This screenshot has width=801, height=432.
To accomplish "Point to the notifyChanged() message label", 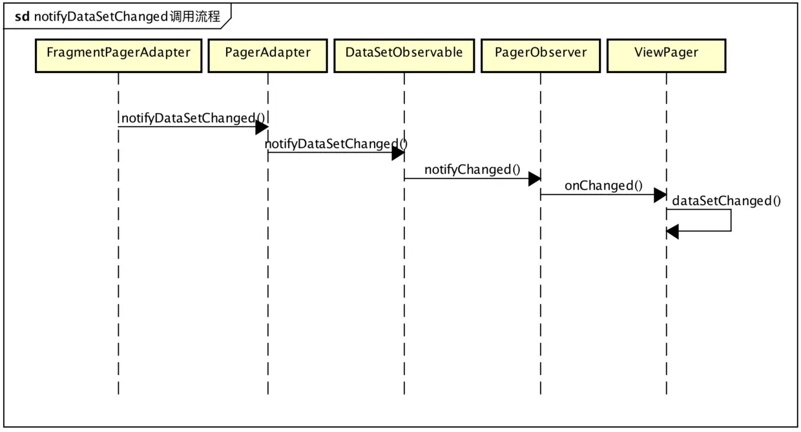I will tap(472, 170).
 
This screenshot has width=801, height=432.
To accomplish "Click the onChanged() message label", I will tap(603, 186).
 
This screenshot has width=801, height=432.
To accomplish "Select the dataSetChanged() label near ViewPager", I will tap(726, 201).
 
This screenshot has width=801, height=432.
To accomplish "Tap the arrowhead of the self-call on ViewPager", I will tap(672, 231).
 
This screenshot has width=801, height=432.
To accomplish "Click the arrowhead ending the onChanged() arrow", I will tap(660, 195).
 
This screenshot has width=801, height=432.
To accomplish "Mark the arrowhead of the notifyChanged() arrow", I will tap(534, 179).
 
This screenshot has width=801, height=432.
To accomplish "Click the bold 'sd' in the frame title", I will tap(21, 17).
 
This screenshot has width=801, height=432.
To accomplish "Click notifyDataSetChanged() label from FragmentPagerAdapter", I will tap(193, 118).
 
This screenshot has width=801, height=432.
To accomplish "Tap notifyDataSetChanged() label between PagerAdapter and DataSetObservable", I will tap(336, 144).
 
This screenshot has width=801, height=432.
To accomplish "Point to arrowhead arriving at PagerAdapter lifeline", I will tap(262, 127).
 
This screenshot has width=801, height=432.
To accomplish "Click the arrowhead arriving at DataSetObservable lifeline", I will tap(398, 153).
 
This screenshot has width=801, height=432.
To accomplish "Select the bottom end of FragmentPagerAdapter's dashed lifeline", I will tap(118, 393).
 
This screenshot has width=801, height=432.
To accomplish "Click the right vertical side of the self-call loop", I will tap(731, 220).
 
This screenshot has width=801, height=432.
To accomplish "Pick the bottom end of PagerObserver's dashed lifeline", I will tap(540, 393).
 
